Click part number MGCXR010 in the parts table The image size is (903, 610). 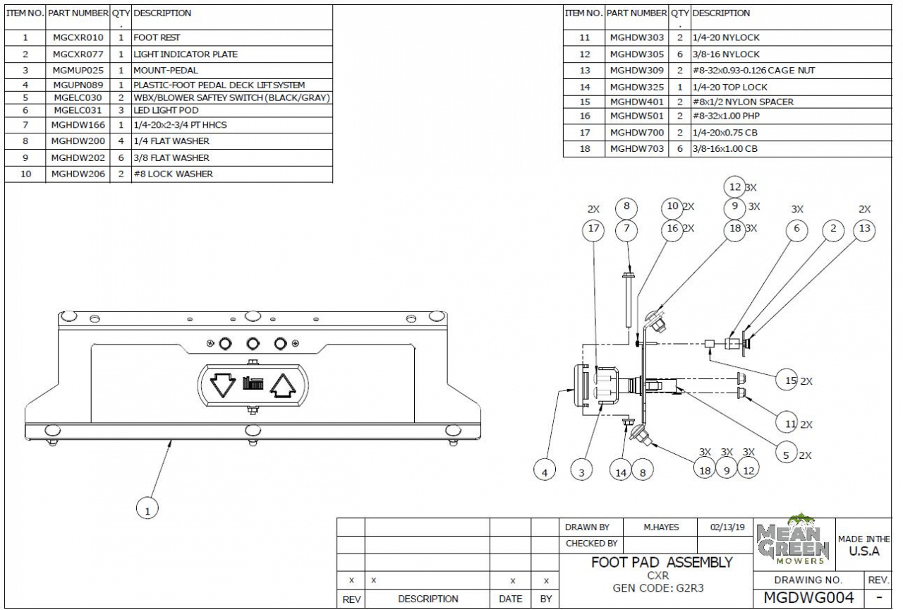(78, 37)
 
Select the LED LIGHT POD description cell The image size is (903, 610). (166, 110)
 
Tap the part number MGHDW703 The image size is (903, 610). (637, 149)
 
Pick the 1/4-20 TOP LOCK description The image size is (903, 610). (729, 87)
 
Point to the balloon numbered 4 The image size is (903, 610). (544, 472)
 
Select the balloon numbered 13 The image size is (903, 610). (864, 229)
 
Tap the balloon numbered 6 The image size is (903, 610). (796, 229)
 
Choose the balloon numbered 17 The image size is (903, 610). (593, 229)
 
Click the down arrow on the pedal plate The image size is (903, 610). (224, 385)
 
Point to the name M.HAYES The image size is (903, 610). (662, 527)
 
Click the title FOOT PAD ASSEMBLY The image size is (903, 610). (662, 562)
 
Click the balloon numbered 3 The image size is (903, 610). (581, 472)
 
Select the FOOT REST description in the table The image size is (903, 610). (152, 37)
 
